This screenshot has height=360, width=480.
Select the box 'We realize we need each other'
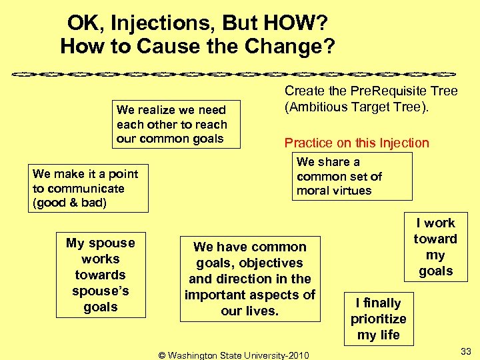[x=171, y=124]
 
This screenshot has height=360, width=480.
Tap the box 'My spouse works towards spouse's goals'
[x=101, y=275]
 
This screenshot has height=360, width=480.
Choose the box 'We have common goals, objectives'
[x=250, y=279]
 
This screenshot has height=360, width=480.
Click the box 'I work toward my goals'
[x=435, y=247]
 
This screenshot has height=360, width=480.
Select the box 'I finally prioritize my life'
[x=378, y=319]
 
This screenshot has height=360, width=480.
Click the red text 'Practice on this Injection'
[x=357, y=143]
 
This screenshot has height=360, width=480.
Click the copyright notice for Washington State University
[x=233, y=354]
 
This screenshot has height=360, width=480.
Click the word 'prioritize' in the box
[x=378, y=319]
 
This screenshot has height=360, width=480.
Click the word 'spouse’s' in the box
[x=101, y=291]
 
